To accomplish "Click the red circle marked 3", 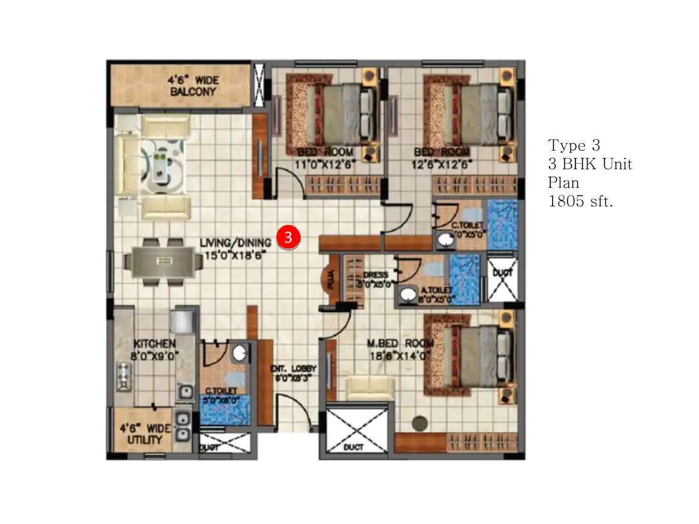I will pos(289,237).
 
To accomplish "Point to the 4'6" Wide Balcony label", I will pos(194,86).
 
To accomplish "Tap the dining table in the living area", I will pos(162,261).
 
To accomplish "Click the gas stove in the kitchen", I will pos(124,377).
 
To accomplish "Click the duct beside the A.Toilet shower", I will pos(502,279).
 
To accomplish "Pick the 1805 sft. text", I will pos(580,201).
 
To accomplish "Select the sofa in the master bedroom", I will pos(370,388).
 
